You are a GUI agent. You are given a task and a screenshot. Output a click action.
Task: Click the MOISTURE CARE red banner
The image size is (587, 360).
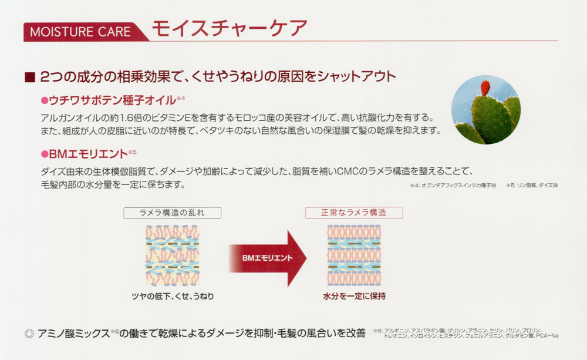tap(84, 32)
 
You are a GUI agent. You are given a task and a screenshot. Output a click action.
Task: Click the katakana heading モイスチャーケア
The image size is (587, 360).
tap(230, 28)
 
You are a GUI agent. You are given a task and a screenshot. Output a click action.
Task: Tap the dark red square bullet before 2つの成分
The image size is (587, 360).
tap(30, 77)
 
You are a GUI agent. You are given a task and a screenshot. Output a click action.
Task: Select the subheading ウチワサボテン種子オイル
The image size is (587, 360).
tap(112, 100)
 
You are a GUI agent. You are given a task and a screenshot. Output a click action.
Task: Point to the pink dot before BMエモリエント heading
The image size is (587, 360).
tap(45, 154)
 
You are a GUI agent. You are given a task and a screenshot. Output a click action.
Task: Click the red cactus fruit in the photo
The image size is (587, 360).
tap(485, 88)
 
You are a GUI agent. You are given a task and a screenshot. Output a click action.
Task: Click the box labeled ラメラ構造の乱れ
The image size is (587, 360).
tap(172, 213)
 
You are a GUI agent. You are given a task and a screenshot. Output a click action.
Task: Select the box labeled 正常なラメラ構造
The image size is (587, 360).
tap(354, 213)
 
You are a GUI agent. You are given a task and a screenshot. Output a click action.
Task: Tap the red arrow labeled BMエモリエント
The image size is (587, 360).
tap(267, 258)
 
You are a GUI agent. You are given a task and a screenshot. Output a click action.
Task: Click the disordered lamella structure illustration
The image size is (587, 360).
tap(172, 255)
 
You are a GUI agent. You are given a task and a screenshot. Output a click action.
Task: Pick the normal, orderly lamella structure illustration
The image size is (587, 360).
tap(354, 255)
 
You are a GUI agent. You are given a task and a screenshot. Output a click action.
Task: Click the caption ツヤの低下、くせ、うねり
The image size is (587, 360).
tap(173, 297)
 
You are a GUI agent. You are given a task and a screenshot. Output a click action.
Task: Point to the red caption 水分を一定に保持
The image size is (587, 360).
tap(354, 297)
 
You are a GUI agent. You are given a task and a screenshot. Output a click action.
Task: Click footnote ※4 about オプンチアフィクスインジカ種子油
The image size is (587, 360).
tap(453, 186)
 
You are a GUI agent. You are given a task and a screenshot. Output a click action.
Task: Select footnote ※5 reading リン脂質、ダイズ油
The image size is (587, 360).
tap(532, 186)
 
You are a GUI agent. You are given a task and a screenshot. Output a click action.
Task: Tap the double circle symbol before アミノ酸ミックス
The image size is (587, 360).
tap(29, 334)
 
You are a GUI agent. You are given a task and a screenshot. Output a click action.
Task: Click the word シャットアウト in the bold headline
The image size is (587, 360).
tap(356, 77)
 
